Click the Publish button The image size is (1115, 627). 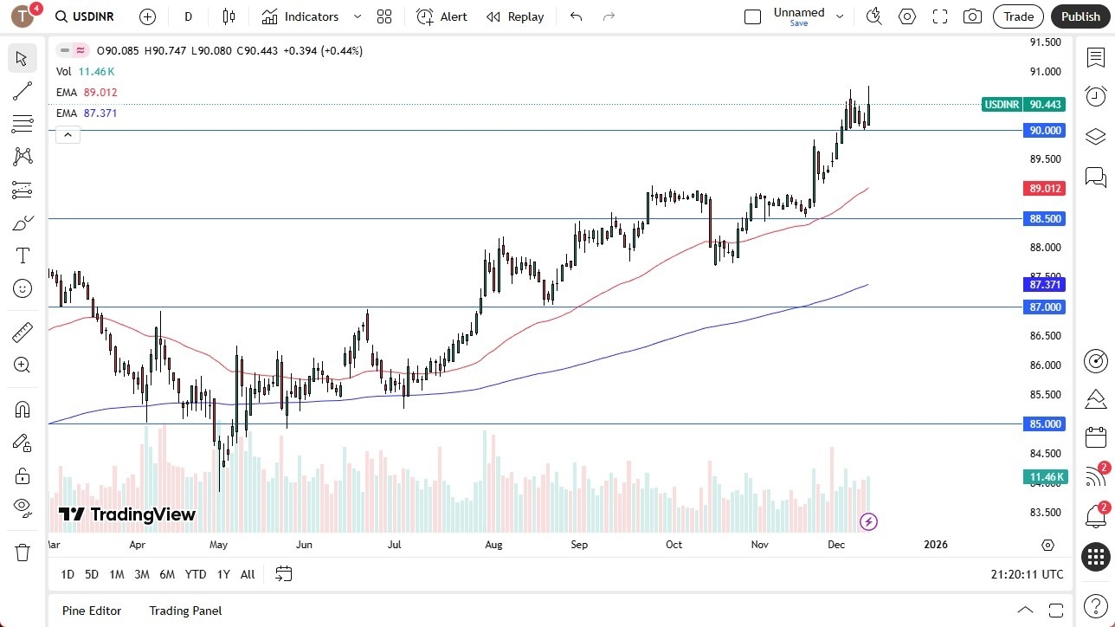point(1080,16)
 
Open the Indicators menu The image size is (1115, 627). point(311,16)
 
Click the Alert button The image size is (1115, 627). point(441,16)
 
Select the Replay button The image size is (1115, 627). point(515,16)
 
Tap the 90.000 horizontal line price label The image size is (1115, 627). point(1044,131)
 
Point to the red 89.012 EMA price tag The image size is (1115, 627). point(1044,188)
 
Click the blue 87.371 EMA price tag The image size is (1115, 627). point(1044,284)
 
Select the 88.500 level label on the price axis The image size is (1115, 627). point(1044,219)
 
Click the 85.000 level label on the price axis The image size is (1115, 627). point(1044,424)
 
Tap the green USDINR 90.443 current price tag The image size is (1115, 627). point(1023,104)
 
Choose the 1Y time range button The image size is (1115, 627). point(223,574)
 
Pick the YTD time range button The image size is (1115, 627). point(196,574)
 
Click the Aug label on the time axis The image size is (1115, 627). point(493,545)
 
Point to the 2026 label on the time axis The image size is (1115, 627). point(936,545)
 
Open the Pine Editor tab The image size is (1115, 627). point(92,611)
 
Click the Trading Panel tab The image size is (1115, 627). point(185,611)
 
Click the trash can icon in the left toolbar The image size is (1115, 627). point(23,552)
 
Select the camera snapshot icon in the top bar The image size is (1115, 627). point(972,16)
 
